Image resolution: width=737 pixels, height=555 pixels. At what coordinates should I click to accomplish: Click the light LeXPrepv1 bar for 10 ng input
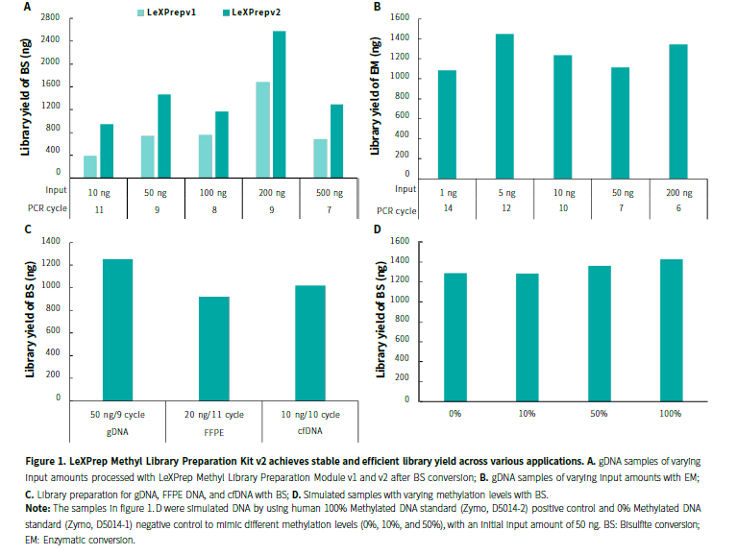point(90,164)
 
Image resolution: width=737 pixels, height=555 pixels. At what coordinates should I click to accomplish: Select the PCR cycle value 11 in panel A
point(98,209)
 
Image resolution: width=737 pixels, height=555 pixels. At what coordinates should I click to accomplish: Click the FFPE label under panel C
point(212,432)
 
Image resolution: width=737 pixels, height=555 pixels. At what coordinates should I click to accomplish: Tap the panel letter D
point(377,230)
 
